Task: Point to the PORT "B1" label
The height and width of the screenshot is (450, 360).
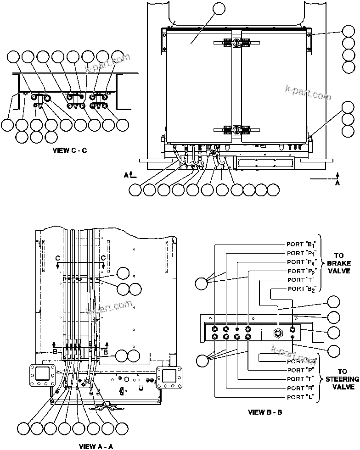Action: tap(302, 244)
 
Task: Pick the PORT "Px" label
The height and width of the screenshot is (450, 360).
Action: tap(302, 262)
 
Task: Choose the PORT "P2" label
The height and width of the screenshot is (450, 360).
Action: tap(302, 271)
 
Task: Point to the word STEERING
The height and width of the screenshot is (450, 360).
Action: tap(343, 379)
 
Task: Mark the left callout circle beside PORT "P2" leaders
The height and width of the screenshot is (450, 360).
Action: tap(202, 283)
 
